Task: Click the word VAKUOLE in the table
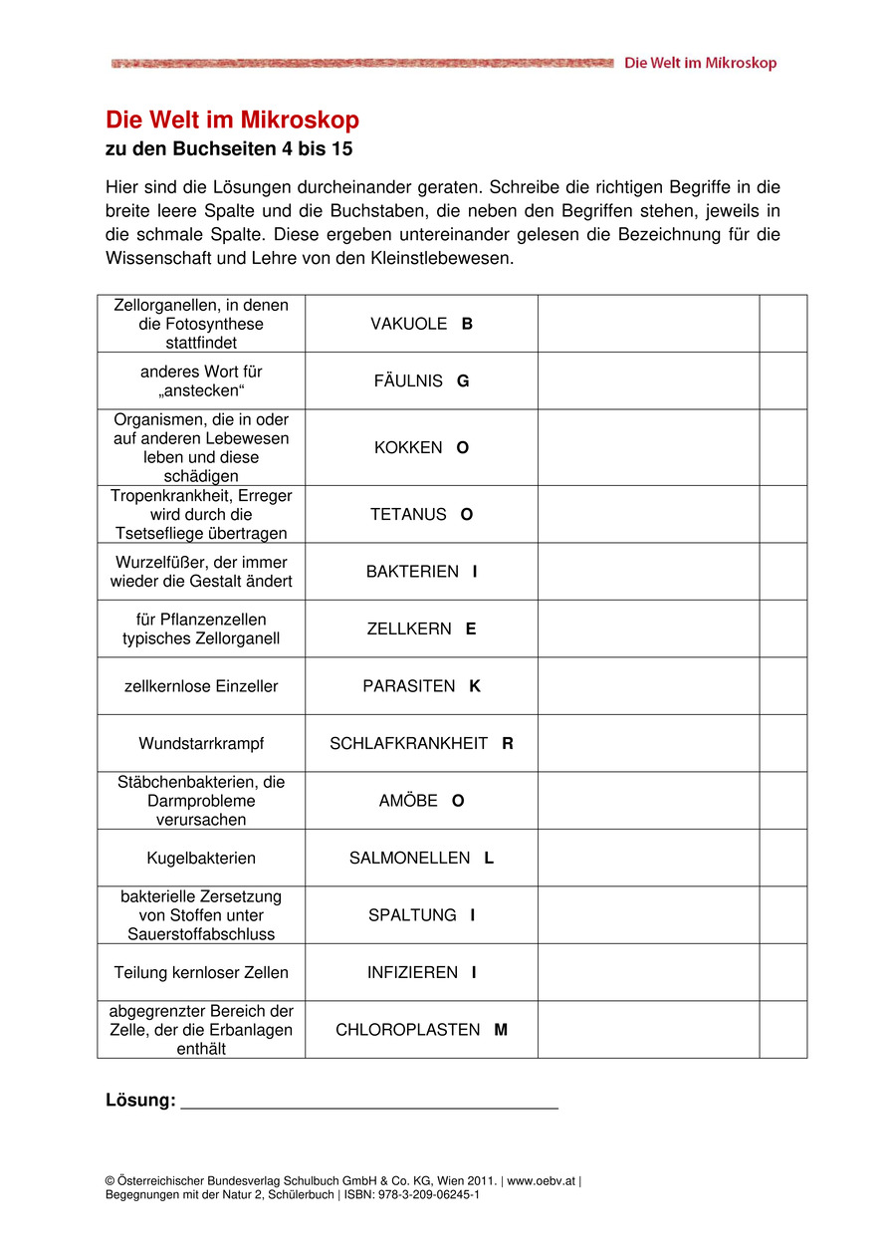click(408, 324)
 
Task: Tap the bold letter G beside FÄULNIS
click(463, 381)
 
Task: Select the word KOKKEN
click(408, 448)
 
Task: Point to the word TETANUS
click(408, 515)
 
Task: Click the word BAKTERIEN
click(412, 572)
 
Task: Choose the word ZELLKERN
click(409, 629)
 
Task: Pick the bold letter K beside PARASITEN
click(475, 686)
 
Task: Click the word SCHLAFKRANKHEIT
click(409, 744)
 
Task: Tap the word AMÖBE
click(408, 801)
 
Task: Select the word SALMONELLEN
click(409, 859)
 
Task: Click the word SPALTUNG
click(412, 915)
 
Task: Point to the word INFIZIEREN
click(412, 973)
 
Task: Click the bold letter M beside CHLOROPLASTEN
click(501, 1030)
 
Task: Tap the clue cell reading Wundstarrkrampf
click(201, 744)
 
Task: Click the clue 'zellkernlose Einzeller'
click(201, 686)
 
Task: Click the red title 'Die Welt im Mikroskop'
click(232, 121)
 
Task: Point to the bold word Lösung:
click(140, 1101)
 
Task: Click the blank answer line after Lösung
click(369, 1103)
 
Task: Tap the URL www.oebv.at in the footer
click(542, 1181)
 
